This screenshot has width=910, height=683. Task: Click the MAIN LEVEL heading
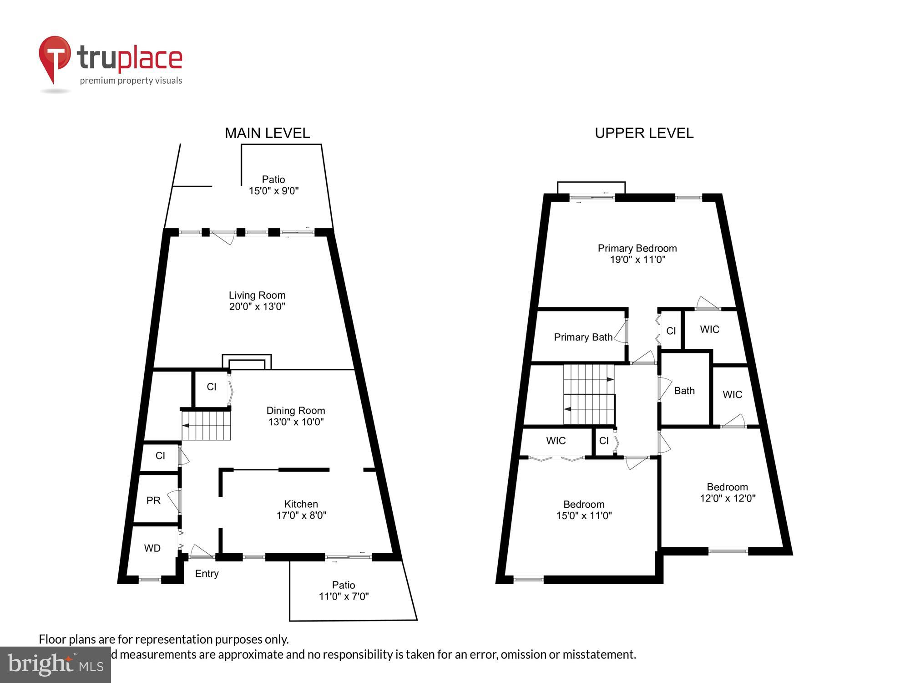(x=267, y=133)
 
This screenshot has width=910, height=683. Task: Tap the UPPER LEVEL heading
(x=644, y=133)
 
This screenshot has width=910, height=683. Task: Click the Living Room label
(x=257, y=296)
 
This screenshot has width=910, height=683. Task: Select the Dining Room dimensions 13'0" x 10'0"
(x=296, y=422)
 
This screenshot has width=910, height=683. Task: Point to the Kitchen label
(x=301, y=504)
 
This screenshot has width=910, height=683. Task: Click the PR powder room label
(x=153, y=501)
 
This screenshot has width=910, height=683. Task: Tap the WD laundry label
(x=152, y=548)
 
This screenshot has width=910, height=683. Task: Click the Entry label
(x=207, y=574)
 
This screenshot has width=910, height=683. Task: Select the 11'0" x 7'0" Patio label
(x=344, y=591)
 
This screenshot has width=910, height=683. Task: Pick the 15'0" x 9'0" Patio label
(x=273, y=185)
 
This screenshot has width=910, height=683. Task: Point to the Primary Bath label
(x=583, y=337)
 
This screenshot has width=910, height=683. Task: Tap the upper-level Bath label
(x=684, y=391)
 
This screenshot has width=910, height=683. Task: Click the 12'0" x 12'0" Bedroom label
(x=727, y=493)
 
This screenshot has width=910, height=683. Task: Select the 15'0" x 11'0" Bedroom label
(x=584, y=510)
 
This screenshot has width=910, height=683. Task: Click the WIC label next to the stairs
(x=556, y=441)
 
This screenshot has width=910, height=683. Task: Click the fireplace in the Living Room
(x=247, y=362)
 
